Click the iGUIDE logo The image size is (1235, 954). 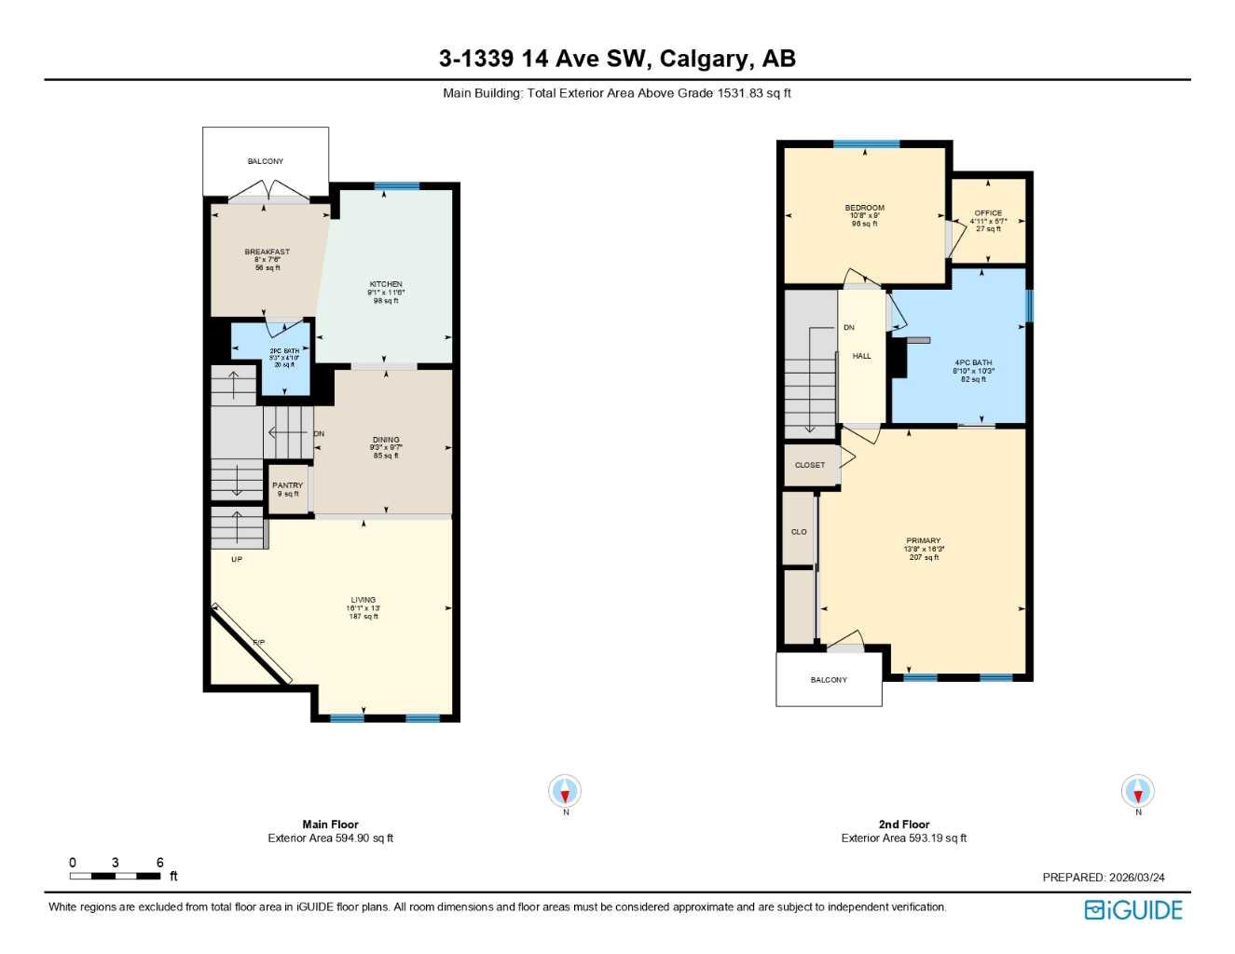point(1132,910)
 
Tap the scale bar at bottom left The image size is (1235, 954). point(115,876)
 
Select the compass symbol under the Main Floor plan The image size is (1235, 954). point(565,792)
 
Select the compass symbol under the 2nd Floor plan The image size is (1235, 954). point(1137,792)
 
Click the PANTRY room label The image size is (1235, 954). point(287,485)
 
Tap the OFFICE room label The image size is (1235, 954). point(988,213)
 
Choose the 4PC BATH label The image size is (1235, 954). point(973,362)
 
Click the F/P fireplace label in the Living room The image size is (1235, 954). point(259,643)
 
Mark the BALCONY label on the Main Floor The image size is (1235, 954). point(266,161)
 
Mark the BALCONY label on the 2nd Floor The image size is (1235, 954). point(829,680)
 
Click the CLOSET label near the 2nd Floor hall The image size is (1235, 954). point(809,465)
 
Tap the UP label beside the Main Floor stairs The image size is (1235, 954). point(237,559)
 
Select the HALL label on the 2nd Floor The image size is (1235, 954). point(861,356)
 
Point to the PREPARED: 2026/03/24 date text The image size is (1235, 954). point(1103,877)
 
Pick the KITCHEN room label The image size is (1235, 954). point(386,284)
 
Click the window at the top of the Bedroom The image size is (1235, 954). point(866,144)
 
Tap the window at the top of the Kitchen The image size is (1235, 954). point(397,186)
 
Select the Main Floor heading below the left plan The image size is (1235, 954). point(330,825)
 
